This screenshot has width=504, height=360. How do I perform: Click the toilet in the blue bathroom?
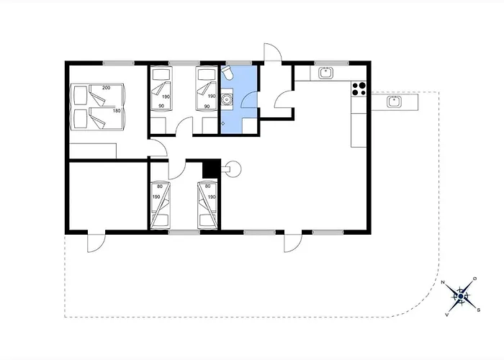[x=228, y=73]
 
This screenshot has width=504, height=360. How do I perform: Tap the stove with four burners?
[x=359, y=89]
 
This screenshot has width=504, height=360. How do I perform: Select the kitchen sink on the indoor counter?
[x=326, y=73]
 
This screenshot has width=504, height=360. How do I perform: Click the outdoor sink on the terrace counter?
[x=394, y=102]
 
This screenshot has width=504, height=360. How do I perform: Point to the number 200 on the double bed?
[x=106, y=88]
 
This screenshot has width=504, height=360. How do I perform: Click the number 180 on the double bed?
[x=117, y=111]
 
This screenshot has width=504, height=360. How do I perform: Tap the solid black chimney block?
[x=212, y=168]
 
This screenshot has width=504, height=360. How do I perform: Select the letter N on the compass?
[x=443, y=282]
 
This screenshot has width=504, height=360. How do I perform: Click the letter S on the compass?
[x=479, y=310]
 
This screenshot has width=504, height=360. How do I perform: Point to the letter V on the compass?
[x=446, y=315]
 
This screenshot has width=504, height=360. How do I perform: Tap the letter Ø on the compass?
[x=474, y=279]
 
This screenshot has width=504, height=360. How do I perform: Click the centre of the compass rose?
[x=461, y=296]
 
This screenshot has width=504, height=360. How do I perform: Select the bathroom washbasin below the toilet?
[x=227, y=99]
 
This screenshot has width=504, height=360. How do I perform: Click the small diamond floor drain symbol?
[x=223, y=123]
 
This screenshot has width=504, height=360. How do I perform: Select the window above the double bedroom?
[x=119, y=63]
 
